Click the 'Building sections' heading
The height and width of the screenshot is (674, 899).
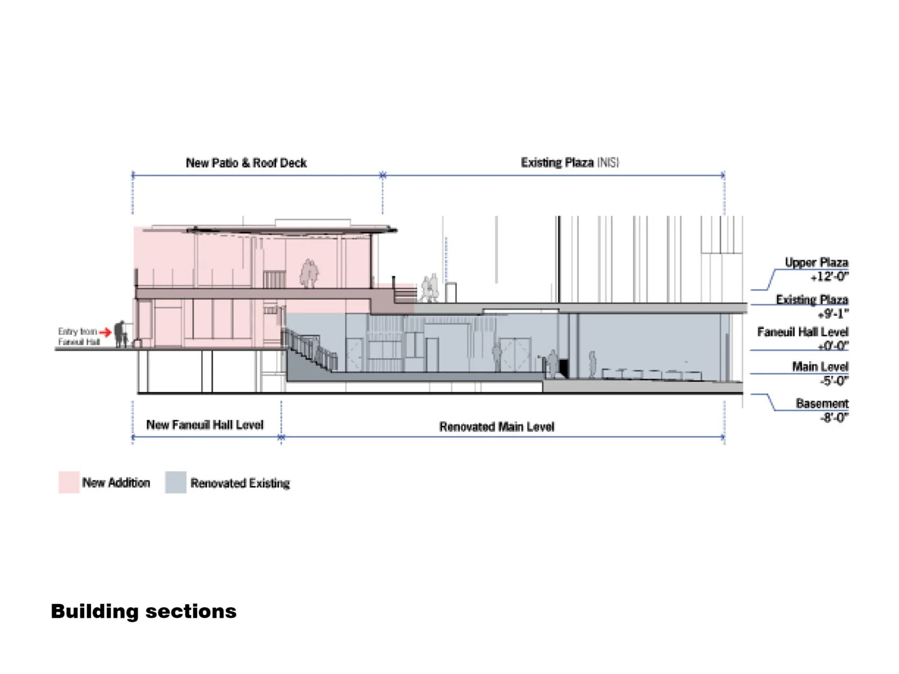click(x=144, y=611)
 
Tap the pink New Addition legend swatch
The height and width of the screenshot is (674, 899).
click(x=69, y=482)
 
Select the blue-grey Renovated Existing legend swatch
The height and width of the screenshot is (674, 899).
click(x=175, y=482)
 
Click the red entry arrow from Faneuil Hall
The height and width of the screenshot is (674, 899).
click(x=105, y=333)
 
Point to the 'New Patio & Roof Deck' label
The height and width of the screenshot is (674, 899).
click(x=246, y=163)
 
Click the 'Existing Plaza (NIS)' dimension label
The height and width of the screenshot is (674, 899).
click(x=569, y=162)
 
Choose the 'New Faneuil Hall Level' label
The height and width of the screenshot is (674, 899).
click(x=205, y=425)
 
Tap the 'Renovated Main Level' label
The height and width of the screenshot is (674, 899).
click(x=497, y=427)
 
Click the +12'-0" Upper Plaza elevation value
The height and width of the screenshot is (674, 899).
click(x=829, y=276)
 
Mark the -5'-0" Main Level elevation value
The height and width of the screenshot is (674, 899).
click(x=834, y=381)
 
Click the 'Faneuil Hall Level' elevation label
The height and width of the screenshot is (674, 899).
click(x=802, y=332)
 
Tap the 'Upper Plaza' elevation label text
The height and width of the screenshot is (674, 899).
click(x=816, y=262)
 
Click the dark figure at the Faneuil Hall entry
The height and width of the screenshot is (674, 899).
click(x=120, y=334)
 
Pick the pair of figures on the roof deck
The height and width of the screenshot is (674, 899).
click(x=308, y=273)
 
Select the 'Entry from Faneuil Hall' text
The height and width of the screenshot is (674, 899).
click(x=78, y=336)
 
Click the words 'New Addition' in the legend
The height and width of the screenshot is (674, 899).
click(x=116, y=482)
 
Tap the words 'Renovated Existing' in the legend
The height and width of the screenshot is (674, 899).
click(x=240, y=483)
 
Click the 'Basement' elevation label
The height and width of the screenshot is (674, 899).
click(x=822, y=403)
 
